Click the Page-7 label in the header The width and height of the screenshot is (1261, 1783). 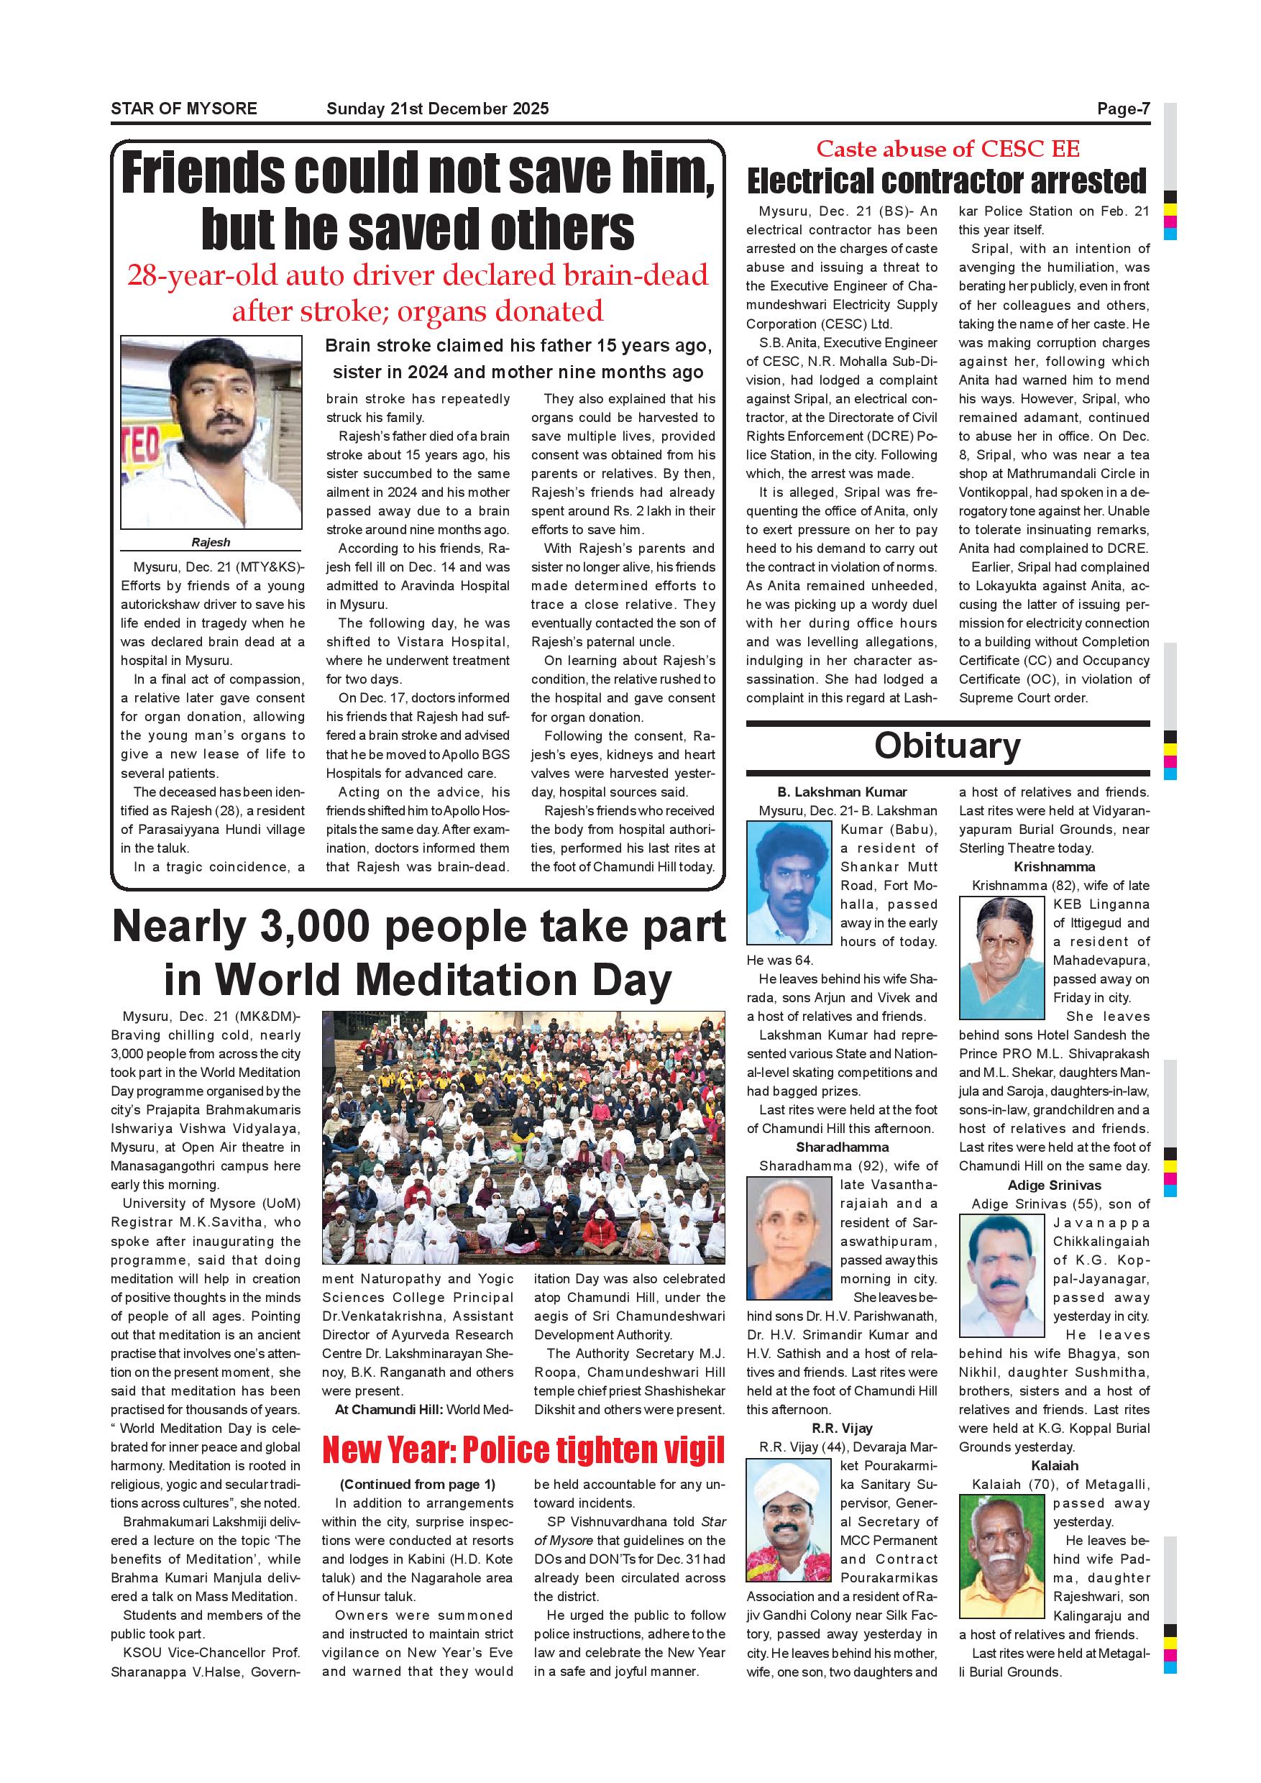pos(1123,109)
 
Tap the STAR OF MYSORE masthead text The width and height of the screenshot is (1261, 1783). pos(184,109)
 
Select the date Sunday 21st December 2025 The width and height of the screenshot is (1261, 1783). pos(437,109)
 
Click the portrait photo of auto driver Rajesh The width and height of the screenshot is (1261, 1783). pos(211,433)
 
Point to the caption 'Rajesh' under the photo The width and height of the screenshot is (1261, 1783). pos(211,542)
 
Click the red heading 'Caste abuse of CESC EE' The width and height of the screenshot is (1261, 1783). pos(948,148)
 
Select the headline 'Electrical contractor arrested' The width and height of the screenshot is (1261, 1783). pos(947,181)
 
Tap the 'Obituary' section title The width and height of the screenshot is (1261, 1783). pos(948,746)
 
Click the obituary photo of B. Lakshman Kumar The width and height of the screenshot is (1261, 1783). pos(789,882)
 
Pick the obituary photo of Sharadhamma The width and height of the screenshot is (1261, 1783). pos(789,1239)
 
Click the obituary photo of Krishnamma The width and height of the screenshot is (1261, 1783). pos(1001,958)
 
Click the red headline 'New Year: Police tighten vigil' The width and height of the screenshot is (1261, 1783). pos(523,1450)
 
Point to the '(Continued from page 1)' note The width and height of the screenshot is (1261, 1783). pos(418,1485)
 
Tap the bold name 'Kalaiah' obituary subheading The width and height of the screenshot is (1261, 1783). pos(1055,1466)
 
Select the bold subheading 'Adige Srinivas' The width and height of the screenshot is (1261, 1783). pos(1055,1185)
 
